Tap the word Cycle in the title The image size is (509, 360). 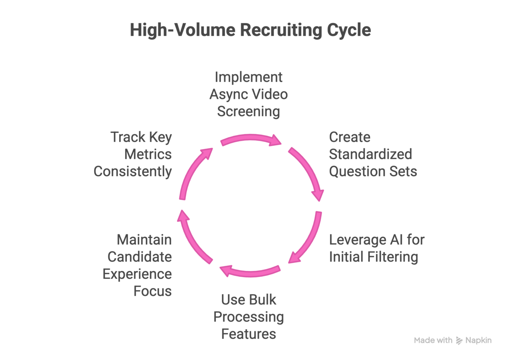point(349,30)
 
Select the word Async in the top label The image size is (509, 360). point(227,95)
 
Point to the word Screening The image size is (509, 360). point(249,112)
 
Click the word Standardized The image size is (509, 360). point(371,154)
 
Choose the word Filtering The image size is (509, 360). point(393,257)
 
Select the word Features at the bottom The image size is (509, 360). point(249,334)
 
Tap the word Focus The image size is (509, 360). point(152,291)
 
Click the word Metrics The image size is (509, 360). point(148,155)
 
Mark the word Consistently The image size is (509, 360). point(133,172)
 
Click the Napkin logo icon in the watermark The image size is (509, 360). point(459,340)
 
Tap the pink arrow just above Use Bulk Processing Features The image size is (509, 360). point(250,273)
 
